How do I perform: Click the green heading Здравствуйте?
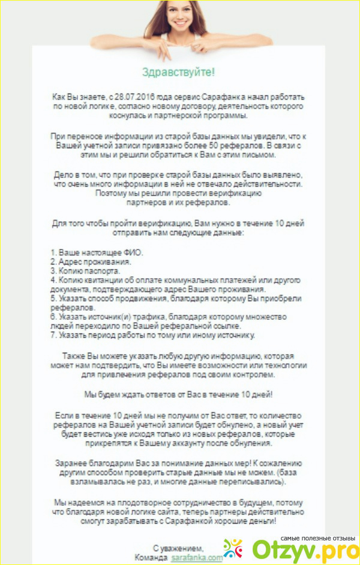pos(178,72)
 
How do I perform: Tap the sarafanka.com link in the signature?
pos(196,557)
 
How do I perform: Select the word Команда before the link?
pos(152,557)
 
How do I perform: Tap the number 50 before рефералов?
pos(237,146)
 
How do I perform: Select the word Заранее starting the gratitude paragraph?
pos(70,464)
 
